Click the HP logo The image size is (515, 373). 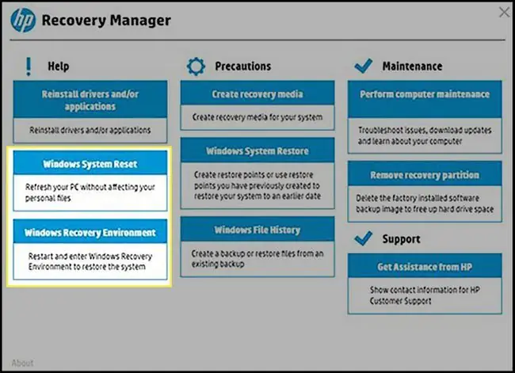(x=23, y=20)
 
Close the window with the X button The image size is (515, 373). (x=504, y=12)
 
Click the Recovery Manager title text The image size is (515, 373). (x=106, y=21)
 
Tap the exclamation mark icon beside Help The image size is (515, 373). (x=29, y=67)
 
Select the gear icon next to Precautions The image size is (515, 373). (x=196, y=67)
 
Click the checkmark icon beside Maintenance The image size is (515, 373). (x=363, y=66)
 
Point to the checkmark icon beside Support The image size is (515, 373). (x=363, y=238)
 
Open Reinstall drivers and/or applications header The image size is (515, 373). (x=90, y=100)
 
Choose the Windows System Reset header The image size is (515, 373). (x=90, y=163)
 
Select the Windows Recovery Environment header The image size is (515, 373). (x=90, y=232)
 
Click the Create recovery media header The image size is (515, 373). (x=257, y=93)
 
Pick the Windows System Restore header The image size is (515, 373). (x=257, y=150)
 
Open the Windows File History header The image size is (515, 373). (x=257, y=229)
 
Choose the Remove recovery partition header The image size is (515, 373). (x=425, y=174)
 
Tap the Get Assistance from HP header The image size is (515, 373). (x=425, y=266)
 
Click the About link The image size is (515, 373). (x=22, y=363)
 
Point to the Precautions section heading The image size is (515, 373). (x=243, y=66)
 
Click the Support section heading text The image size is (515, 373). (x=401, y=239)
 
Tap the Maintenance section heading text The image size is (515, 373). (x=412, y=66)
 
